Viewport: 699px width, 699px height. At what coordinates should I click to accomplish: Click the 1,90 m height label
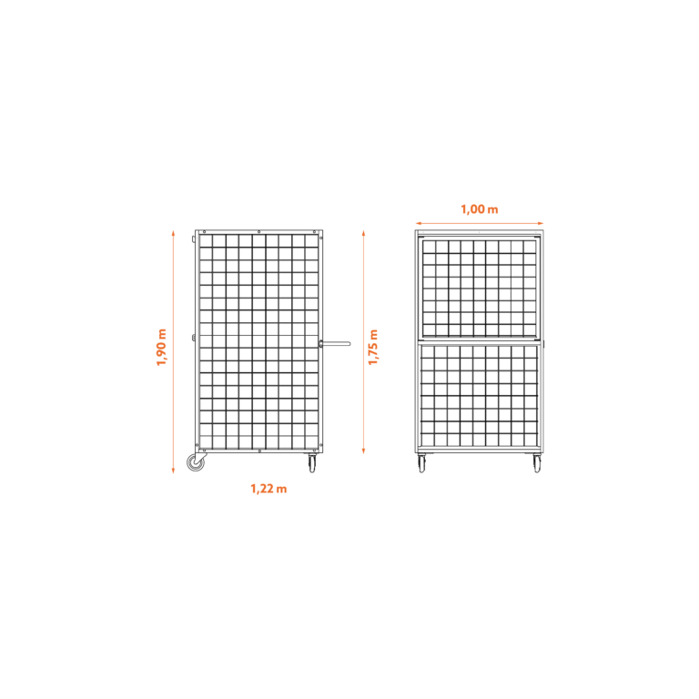click(x=161, y=348)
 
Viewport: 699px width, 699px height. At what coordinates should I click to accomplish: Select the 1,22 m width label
click(x=268, y=489)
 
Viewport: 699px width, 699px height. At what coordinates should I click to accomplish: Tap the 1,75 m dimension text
click(x=373, y=348)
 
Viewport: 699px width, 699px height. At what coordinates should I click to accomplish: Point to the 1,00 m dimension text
click(x=480, y=209)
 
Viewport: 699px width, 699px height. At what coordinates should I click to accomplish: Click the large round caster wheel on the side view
click(x=196, y=462)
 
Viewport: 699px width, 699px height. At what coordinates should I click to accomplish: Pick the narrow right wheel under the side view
click(x=312, y=463)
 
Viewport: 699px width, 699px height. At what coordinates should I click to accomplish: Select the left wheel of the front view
click(x=421, y=463)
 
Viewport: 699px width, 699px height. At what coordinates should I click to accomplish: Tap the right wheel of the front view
click(x=537, y=463)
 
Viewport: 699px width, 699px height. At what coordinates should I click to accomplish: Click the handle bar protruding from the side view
click(x=335, y=344)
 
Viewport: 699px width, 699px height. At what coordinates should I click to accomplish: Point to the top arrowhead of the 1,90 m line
click(x=174, y=233)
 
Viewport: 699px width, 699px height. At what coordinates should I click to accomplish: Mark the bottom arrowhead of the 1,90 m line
click(x=174, y=470)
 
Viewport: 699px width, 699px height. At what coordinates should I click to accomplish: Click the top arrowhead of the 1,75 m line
click(x=364, y=233)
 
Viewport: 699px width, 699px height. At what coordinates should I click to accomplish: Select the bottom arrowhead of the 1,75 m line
click(x=364, y=451)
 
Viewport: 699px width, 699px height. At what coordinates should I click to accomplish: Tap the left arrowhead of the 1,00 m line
click(x=419, y=223)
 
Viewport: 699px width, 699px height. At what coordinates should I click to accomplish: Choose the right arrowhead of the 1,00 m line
click(x=541, y=223)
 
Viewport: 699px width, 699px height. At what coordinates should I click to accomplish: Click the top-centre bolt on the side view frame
click(x=259, y=232)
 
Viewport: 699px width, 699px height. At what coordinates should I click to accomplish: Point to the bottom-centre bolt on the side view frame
click(x=259, y=451)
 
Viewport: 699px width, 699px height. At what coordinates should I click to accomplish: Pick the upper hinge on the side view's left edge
click(x=194, y=239)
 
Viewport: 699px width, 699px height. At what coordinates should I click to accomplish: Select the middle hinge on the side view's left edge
click(x=194, y=338)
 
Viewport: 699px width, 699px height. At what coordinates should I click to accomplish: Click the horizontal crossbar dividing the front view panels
click(x=480, y=342)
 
